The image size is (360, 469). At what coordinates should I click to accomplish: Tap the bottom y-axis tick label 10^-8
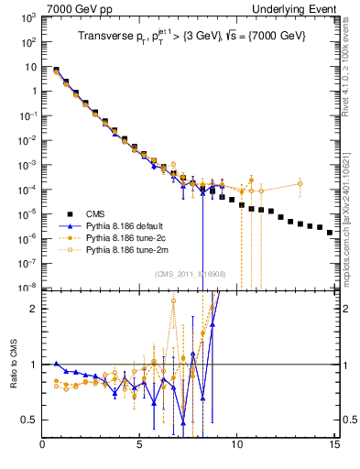pos(28,287)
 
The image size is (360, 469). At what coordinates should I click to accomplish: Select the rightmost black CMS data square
pos(330,233)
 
